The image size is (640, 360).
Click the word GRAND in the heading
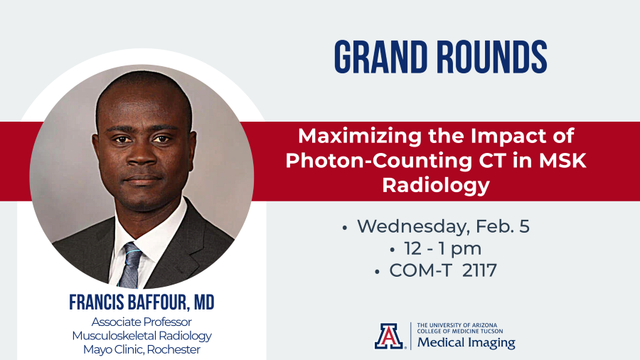(381, 57)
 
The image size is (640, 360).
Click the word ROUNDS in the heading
(492, 57)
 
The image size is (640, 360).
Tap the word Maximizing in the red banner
(360, 137)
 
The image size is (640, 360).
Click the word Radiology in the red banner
(435, 185)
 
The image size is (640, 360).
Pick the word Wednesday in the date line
(413, 227)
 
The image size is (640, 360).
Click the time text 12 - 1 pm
(442, 248)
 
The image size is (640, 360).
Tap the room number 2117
(479, 270)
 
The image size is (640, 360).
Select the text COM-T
(422, 270)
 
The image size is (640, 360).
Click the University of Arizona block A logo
(389, 336)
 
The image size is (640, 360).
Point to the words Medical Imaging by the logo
(466, 342)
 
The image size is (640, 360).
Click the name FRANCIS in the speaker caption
(96, 302)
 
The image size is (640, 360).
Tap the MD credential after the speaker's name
(203, 302)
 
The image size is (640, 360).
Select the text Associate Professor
(142, 322)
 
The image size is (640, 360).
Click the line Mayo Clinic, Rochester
(142, 350)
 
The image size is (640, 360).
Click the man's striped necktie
(130, 265)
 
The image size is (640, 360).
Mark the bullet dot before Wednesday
(345, 228)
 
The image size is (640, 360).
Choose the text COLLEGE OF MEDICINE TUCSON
(460, 331)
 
